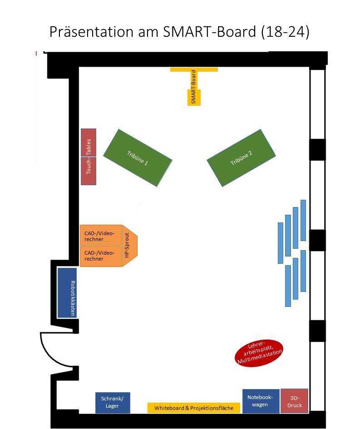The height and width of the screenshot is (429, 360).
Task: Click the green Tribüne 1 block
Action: [138, 158]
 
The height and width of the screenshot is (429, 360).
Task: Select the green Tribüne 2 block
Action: [241, 158]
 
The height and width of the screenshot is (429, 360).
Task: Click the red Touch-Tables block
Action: [89, 157]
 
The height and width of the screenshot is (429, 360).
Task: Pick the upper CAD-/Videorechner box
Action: [100, 236]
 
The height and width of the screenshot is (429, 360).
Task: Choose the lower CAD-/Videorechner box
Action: [100, 256]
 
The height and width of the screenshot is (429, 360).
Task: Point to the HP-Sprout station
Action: [129, 245]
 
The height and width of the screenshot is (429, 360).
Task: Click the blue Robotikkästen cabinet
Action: [67, 292]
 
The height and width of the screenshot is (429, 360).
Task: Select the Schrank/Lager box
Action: [113, 403]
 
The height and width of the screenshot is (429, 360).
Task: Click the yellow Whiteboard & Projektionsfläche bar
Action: [193, 408]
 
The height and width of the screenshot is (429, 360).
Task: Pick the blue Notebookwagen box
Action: [261, 401]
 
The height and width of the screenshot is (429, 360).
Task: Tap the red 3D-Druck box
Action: [294, 401]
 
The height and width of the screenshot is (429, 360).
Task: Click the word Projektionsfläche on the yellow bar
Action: [212, 408]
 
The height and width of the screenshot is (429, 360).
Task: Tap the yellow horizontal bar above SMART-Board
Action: [194, 69]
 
